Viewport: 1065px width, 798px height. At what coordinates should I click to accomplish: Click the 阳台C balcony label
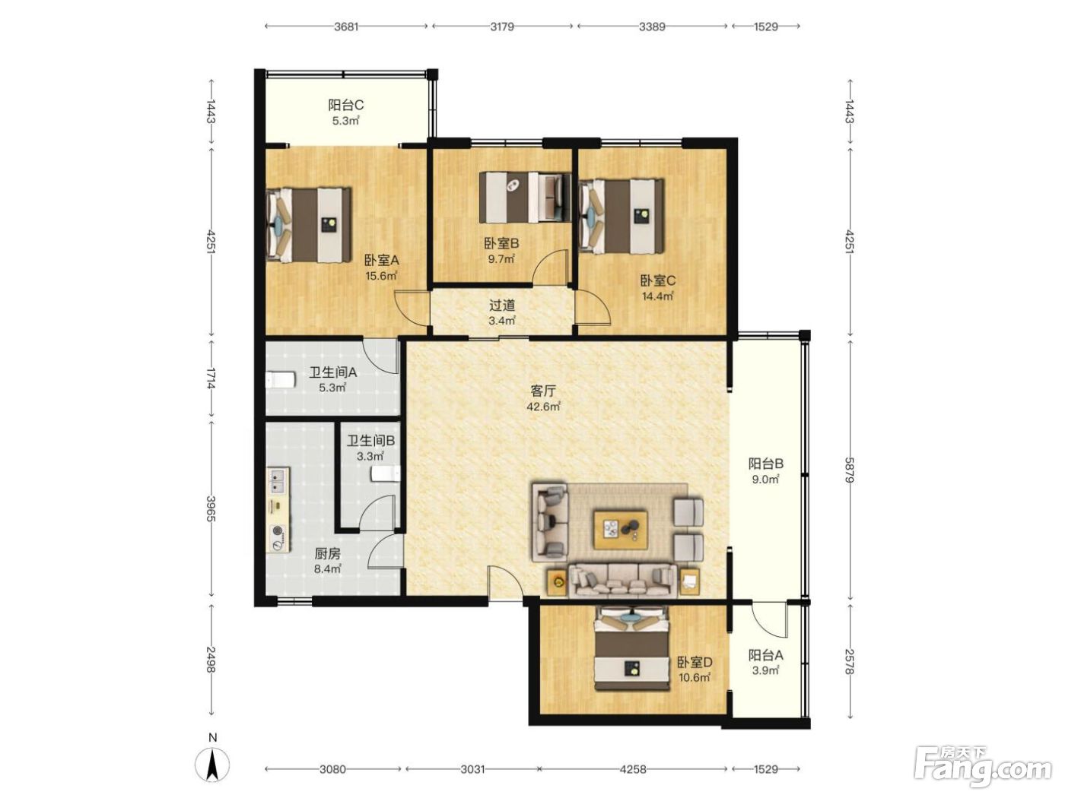point(345,105)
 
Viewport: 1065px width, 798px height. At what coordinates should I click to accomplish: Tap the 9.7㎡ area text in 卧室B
point(501,258)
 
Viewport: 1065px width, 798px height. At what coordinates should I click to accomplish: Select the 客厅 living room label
point(543,391)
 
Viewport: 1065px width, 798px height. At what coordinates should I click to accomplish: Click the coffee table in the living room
point(621,529)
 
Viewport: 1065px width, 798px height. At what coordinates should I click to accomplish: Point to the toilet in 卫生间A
point(281,379)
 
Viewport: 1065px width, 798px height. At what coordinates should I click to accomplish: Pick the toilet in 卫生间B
point(386,473)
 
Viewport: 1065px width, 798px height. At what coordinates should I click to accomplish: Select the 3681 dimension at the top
point(346,26)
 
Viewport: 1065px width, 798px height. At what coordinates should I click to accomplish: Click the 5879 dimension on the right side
point(849,470)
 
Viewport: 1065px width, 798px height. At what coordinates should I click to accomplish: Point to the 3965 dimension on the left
point(211,508)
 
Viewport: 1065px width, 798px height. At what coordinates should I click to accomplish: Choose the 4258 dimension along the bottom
point(633,769)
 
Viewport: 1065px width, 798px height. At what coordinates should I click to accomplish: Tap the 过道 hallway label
point(501,306)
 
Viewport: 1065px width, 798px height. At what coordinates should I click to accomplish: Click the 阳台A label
point(765,655)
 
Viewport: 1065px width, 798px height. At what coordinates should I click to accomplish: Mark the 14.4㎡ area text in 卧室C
point(657,296)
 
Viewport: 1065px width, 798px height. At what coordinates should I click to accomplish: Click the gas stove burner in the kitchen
point(278,531)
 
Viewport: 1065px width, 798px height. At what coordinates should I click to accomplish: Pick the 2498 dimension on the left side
point(211,660)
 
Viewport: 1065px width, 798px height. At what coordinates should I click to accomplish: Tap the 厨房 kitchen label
point(328,553)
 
